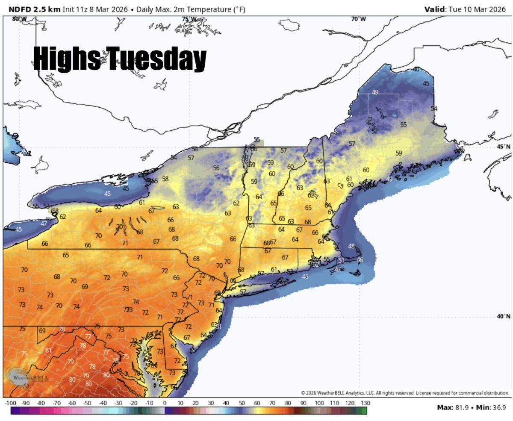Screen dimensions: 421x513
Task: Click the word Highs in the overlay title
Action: (x=67, y=59)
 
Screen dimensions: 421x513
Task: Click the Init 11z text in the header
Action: (x=75, y=9)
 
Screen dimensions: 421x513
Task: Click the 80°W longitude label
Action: (x=19, y=19)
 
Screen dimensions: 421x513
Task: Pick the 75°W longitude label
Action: (x=189, y=19)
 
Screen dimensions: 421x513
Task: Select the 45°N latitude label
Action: (x=503, y=147)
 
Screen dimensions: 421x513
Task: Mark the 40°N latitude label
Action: (x=503, y=316)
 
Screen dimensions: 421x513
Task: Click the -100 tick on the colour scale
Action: (x=10, y=403)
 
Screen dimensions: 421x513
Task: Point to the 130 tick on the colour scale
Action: (x=365, y=403)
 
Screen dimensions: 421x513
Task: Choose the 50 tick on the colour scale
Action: (x=242, y=403)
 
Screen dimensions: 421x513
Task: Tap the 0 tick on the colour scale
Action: (x=165, y=403)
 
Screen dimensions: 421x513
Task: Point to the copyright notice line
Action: (x=405, y=393)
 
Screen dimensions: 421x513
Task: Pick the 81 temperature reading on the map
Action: (x=48, y=350)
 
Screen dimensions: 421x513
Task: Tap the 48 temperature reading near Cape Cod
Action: (x=351, y=246)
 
